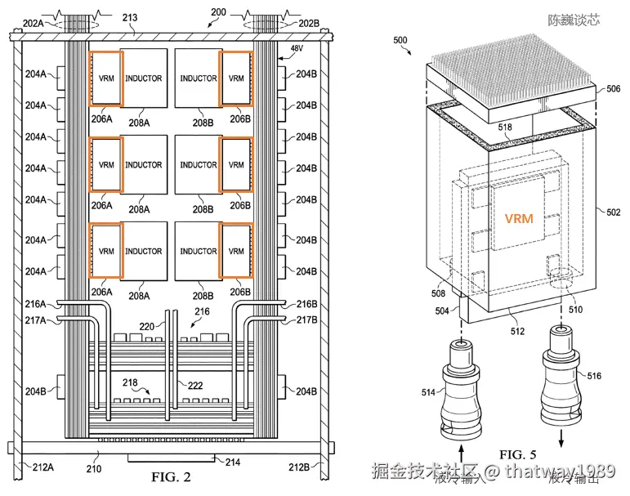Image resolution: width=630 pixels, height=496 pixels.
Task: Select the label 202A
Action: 35,24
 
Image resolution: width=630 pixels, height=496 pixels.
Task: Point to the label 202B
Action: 308,24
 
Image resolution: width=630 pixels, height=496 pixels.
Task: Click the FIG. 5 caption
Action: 517,454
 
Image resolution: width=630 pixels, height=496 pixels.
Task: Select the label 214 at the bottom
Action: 232,462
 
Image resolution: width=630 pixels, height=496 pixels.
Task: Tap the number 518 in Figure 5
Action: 507,127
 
